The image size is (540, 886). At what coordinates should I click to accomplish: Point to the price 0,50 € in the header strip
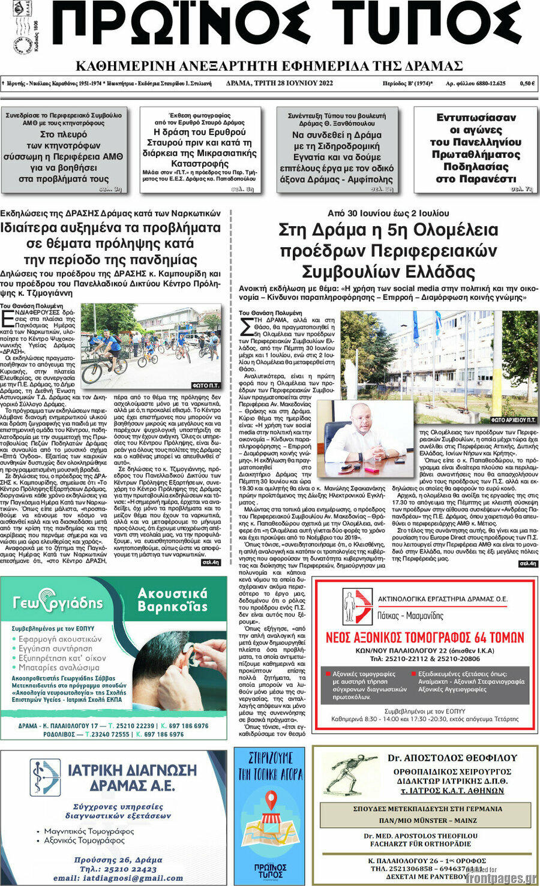pos(527,83)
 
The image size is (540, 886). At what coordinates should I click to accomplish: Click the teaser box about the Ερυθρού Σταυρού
pos(200,149)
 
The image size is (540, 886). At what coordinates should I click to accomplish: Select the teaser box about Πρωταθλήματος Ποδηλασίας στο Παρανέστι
pos(475,149)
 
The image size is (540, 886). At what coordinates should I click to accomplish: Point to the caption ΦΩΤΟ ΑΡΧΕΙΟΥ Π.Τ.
pos(513,420)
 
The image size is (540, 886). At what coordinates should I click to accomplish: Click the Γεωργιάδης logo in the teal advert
pos(58,602)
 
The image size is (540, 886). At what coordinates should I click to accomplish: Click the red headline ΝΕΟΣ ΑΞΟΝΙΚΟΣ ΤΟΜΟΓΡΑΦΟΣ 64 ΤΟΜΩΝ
pos(424,637)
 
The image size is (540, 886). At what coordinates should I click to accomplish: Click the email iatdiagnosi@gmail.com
pos(118,878)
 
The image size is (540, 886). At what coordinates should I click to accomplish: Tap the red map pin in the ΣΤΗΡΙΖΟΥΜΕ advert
pos(271,800)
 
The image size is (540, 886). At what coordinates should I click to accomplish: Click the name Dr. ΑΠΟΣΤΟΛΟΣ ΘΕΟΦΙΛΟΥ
pos(452,758)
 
